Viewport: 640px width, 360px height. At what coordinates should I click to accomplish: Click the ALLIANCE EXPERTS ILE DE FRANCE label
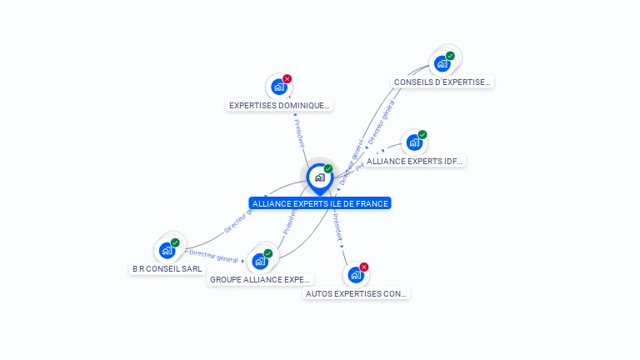coord(320,203)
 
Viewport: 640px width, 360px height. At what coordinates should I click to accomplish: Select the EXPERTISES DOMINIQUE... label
coord(280,106)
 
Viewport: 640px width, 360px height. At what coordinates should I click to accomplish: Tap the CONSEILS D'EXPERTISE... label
coord(442,82)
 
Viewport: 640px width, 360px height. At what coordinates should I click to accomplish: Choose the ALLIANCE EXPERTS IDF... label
coord(414,161)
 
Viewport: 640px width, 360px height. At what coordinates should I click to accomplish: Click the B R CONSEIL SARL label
coord(167,269)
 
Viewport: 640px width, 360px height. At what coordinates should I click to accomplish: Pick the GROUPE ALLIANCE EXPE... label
coord(260,280)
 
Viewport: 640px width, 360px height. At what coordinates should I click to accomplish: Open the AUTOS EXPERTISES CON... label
coord(357,293)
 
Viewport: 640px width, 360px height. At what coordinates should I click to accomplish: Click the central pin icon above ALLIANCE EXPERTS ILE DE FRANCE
coord(320,177)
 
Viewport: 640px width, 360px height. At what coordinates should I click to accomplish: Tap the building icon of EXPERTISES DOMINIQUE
coord(279,87)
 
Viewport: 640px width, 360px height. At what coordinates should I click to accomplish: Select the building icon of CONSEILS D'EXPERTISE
coord(442,63)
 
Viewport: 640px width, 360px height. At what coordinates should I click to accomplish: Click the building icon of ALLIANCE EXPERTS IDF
coord(414,142)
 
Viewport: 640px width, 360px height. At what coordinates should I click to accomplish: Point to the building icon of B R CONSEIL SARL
coord(167,250)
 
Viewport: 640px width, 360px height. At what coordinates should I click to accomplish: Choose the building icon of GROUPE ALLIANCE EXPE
coord(260,262)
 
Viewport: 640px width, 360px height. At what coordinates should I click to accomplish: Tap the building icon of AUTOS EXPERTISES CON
coord(356,275)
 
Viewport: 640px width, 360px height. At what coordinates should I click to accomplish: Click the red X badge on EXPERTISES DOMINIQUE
coord(287,79)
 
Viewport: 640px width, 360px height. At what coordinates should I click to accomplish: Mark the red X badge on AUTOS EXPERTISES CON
coord(364,267)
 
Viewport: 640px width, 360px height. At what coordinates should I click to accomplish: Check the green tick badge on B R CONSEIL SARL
coord(175,242)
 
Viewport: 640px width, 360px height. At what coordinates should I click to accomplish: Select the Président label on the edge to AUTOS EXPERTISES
coord(337,227)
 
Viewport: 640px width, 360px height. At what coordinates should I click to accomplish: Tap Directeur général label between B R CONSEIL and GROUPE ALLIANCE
coord(213,254)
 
